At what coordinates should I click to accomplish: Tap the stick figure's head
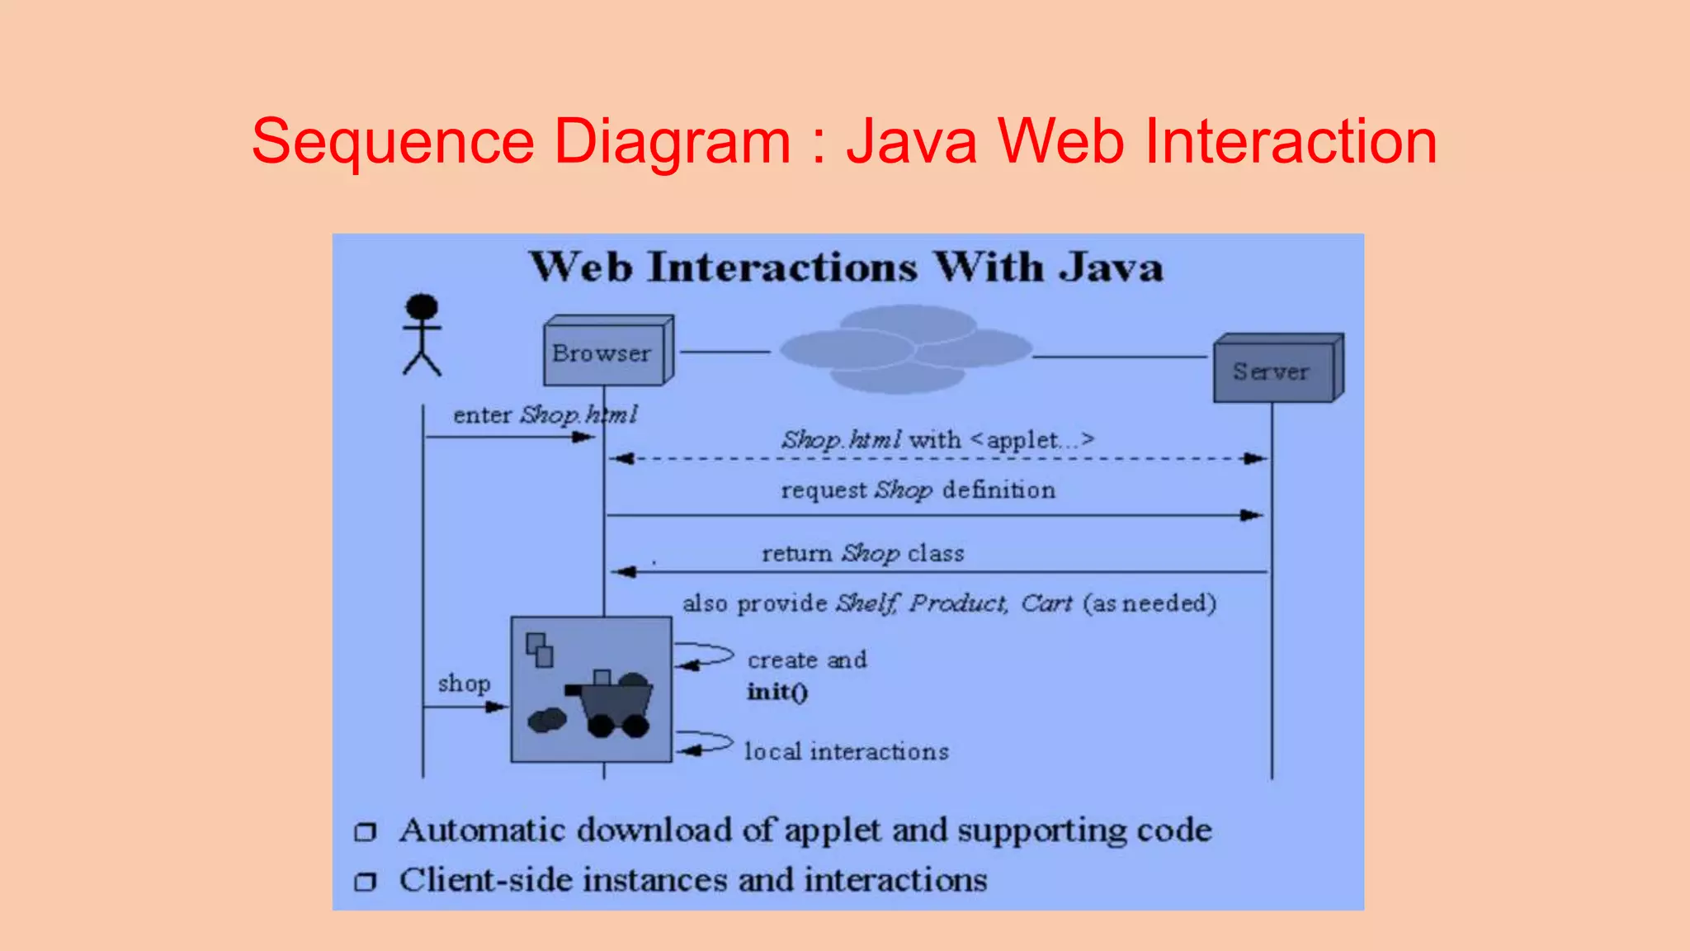422,306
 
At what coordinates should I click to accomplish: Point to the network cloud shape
905,349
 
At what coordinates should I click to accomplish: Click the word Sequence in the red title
393,141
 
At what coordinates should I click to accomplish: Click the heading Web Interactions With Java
847,267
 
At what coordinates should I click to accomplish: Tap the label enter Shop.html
545,414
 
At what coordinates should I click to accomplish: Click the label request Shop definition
918,490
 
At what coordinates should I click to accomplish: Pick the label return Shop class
862,553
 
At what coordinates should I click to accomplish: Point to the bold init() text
777,692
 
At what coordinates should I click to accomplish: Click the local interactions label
847,751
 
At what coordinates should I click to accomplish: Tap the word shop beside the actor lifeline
464,684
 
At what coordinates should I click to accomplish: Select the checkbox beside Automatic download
365,831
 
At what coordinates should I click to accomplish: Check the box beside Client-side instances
365,882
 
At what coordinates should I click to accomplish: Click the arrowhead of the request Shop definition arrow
1253,515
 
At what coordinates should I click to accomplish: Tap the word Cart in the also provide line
1046,603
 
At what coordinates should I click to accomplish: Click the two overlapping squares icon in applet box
540,650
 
